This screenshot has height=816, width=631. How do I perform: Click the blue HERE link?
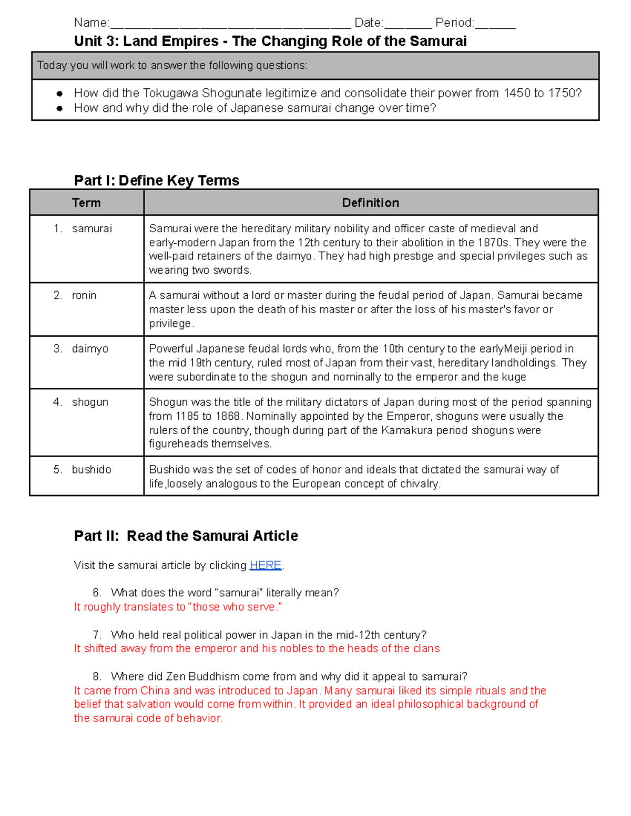tap(265, 565)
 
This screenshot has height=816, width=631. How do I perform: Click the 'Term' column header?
tap(86, 203)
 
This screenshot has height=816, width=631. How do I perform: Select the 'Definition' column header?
tap(370, 203)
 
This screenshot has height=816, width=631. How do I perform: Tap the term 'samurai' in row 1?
tap(92, 229)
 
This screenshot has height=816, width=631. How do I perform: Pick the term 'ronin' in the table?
tap(84, 295)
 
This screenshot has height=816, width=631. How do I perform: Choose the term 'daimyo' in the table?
tap(90, 349)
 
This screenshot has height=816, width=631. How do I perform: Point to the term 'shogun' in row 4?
tap(90, 402)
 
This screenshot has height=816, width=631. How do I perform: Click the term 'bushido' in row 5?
tap(91, 469)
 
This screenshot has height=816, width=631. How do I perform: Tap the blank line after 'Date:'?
tap(408, 24)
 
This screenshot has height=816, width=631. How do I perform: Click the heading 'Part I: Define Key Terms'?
tap(157, 180)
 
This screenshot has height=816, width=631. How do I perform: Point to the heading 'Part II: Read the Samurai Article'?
tap(186, 535)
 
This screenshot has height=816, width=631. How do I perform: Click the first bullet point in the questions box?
tap(60, 94)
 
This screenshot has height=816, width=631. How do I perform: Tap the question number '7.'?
tap(97, 635)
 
